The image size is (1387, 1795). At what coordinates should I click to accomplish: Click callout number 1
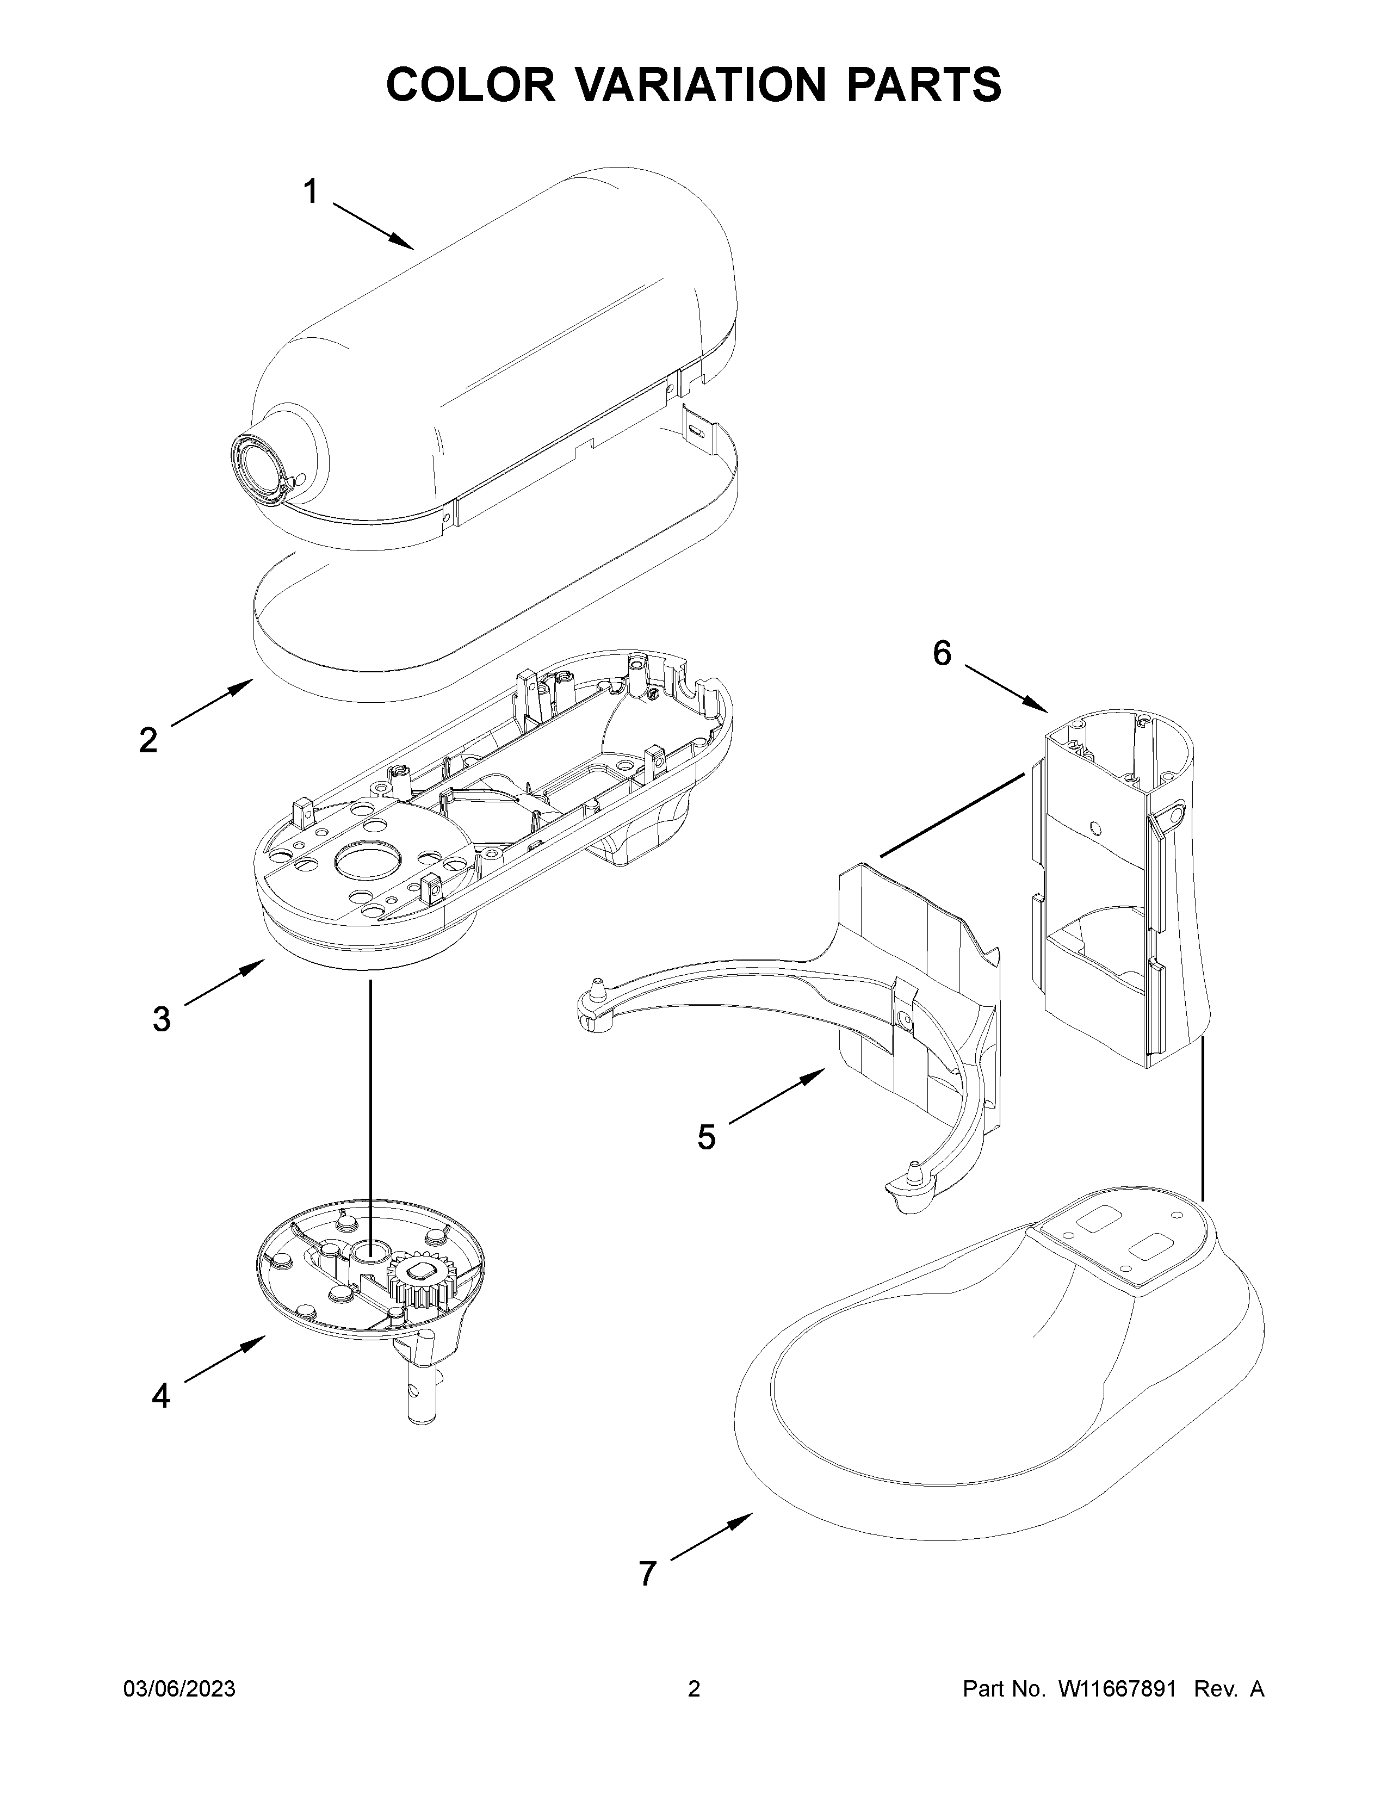coord(310,193)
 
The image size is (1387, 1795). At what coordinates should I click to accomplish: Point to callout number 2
coord(148,740)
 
